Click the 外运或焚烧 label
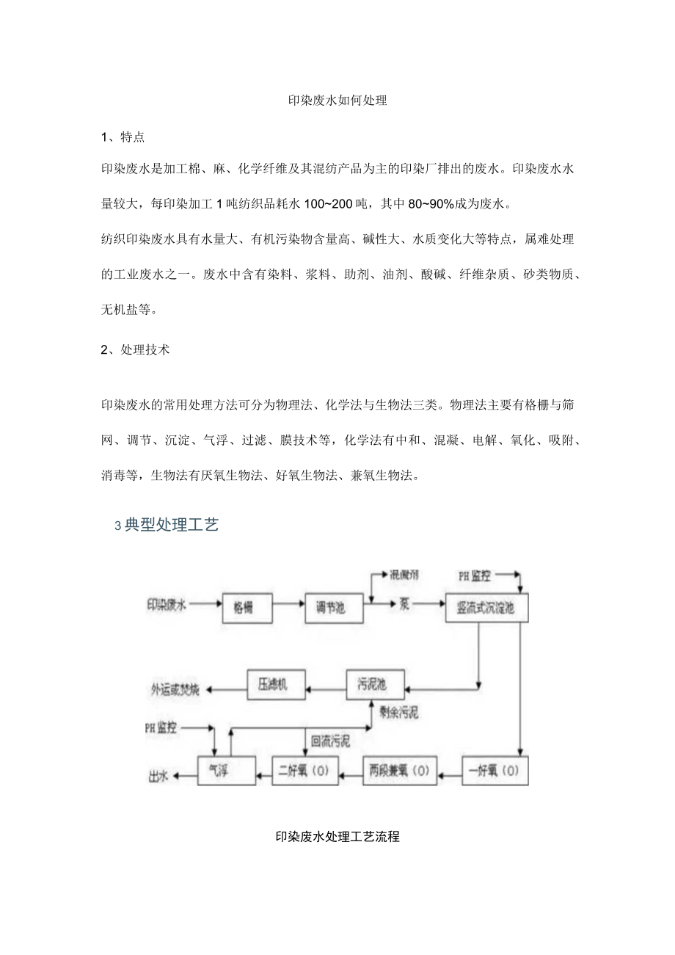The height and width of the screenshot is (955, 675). pyautogui.click(x=175, y=690)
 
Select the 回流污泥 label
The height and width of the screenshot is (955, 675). pyautogui.click(x=331, y=742)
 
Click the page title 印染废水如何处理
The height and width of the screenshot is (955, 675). pyautogui.click(x=337, y=101)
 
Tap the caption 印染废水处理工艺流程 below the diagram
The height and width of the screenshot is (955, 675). pyautogui.click(x=337, y=836)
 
